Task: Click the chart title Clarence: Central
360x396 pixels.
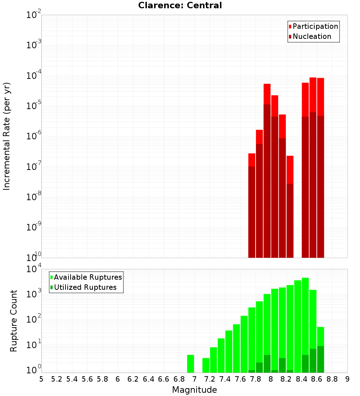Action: (180, 5)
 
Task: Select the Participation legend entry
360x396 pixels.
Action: (315, 26)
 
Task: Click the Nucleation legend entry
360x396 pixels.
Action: (311, 36)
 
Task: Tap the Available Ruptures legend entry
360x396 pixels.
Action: (87, 277)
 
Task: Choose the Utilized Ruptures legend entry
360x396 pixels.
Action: (85, 287)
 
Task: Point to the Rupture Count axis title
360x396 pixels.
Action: (14, 321)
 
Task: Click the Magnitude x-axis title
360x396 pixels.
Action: (194, 390)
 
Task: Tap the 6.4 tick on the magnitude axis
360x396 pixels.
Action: (148, 379)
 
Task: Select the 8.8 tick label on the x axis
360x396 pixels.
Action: (332, 379)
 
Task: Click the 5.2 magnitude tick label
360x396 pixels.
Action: (57, 379)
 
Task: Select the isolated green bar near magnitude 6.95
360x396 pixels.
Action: (190, 364)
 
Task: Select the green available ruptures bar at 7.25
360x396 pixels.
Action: (213, 360)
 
